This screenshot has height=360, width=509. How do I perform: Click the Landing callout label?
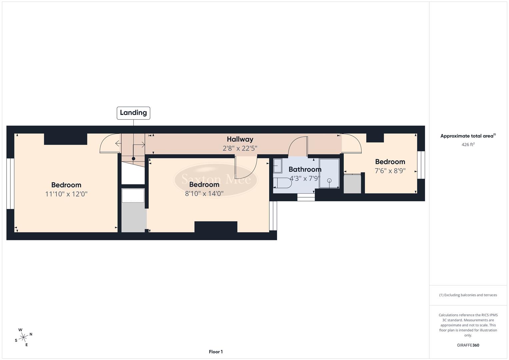(133, 113)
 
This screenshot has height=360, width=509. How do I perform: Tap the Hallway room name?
(240, 139)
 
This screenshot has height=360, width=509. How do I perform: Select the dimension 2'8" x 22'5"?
(240, 148)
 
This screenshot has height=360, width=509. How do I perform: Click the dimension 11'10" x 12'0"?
(66, 194)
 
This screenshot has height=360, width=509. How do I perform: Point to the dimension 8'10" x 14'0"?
(204, 193)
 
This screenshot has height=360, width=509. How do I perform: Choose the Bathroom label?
(305, 169)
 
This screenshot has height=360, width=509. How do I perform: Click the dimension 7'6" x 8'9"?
(390, 171)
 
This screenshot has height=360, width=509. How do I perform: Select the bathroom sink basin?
(277, 165)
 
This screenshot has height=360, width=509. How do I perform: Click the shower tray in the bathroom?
(329, 173)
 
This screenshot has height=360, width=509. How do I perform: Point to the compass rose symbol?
(23, 337)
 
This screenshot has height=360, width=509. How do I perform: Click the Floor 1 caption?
(216, 352)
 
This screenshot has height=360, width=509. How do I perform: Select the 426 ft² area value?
(468, 145)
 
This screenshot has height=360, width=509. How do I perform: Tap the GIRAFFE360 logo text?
(468, 345)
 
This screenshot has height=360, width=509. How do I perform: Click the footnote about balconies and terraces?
(468, 295)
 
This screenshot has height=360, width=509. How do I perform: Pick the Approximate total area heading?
(467, 136)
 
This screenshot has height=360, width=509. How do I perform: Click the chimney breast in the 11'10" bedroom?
(65, 139)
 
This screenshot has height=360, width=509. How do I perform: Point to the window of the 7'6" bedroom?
(421, 165)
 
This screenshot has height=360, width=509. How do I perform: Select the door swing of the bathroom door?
(298, 147)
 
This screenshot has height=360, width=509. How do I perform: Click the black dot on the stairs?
(133, 159)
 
